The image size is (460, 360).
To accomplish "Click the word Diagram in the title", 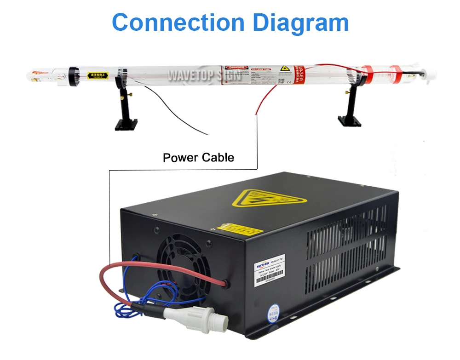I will (x=303, y=23).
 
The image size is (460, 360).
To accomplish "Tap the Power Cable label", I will (x=198, y=158).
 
